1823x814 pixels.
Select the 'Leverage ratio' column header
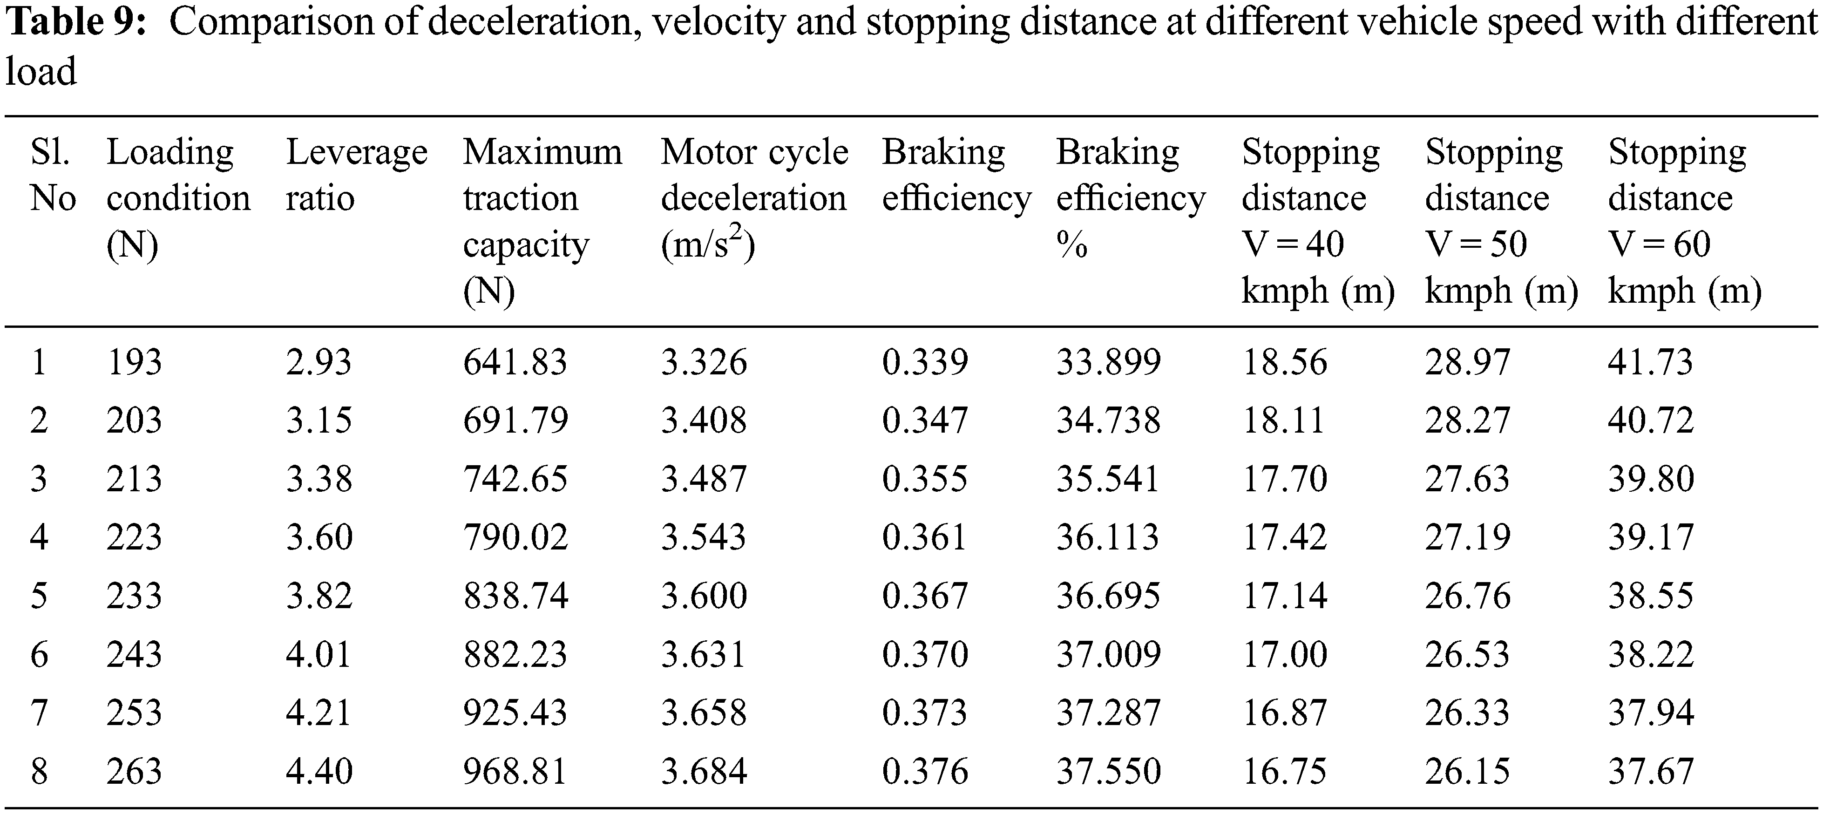(x=356, y=174)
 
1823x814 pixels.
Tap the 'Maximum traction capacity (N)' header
(x=542, y=220)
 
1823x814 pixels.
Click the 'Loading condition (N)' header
(x=178, y=197)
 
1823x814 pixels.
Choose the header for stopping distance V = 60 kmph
(x=1684, y=220)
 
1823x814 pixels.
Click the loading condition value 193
(x=135, y=362)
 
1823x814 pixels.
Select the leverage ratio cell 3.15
(x=319, y=421)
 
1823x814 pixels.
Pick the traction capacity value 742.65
(x=515, y=479)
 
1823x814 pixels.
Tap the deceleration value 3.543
(x=704, y=537)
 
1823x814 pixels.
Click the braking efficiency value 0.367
(x=924, y=595)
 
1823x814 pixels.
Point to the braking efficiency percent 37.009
(x=1108, y=653)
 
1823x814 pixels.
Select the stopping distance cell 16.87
(x=1284, y=712)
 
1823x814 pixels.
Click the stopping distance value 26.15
(x=1467, y=771)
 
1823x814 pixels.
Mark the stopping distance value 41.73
(x=1650, y=362)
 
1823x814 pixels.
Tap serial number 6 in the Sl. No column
(x=39, y=653)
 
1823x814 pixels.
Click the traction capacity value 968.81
(x=515, y=771)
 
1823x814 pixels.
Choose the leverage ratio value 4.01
(x=319, y=653)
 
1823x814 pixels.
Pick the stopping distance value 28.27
(x=1467, y=421)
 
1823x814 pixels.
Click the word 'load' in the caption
(x=41, y=72)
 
